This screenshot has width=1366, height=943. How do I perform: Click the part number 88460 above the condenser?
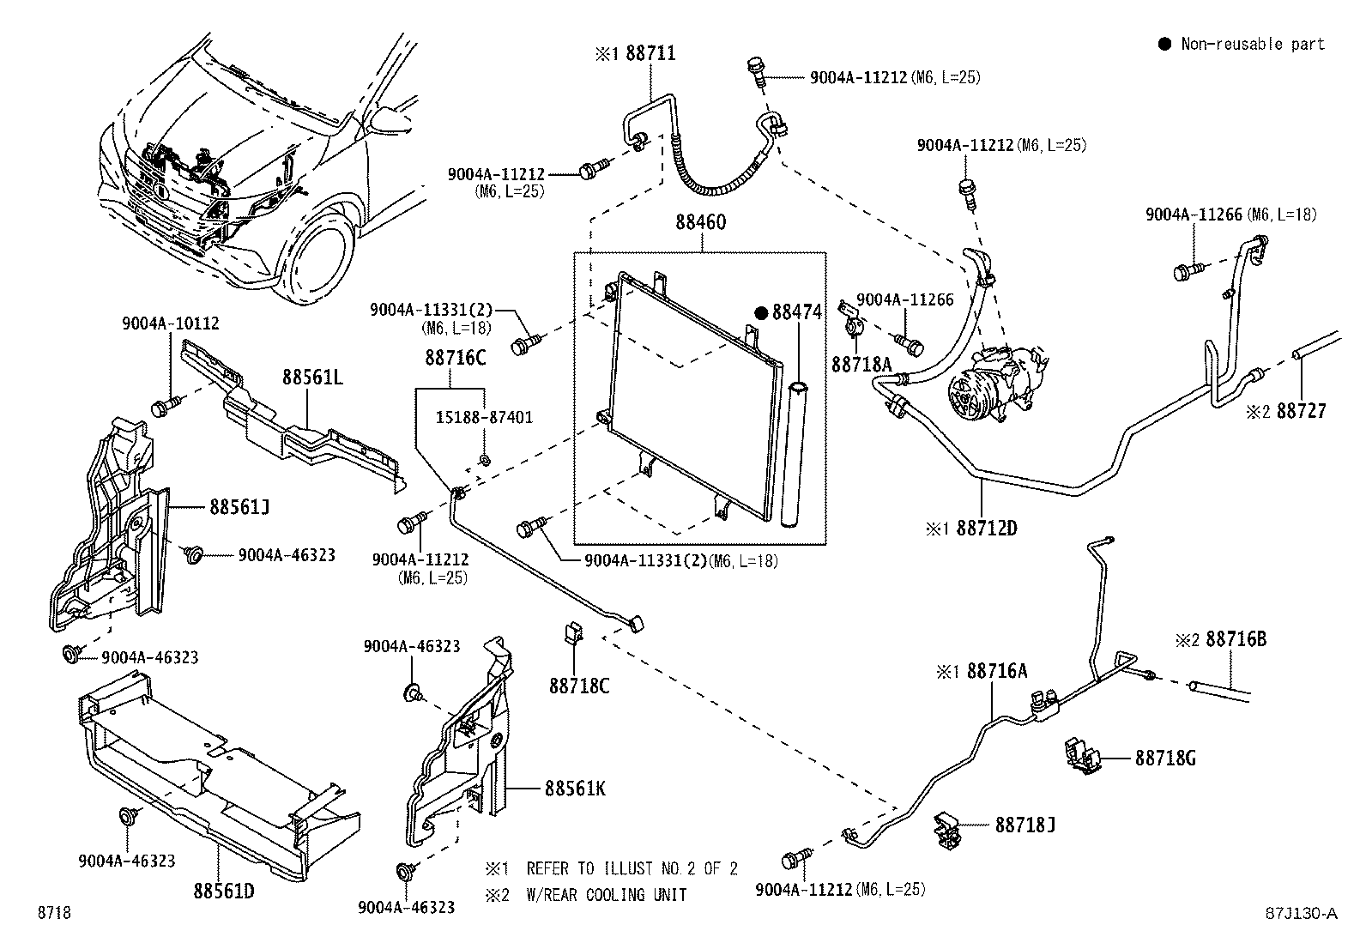[700, 223]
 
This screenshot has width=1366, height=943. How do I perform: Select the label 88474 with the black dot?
[795, 312]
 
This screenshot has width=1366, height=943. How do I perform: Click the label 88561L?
[313, 377]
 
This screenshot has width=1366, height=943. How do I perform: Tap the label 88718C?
[579, 686]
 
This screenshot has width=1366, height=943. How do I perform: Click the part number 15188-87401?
[483, 418]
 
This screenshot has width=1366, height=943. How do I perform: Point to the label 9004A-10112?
[170, 323]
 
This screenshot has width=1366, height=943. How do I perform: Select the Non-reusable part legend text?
[1252, 44]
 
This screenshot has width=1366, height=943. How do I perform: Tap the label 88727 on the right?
[1301, 411]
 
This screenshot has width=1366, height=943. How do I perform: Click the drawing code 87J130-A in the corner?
[1300, 913]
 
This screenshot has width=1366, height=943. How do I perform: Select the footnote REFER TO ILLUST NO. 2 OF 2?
[632, 868]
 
